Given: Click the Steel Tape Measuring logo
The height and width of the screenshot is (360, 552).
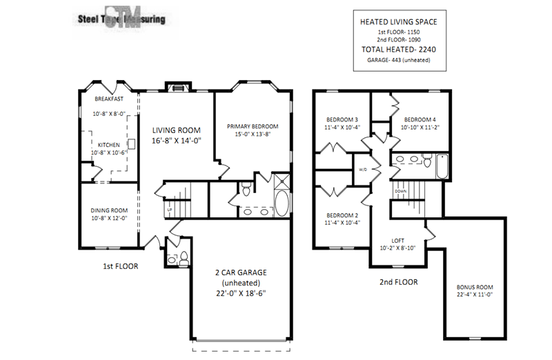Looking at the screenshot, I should [x=118, y=19].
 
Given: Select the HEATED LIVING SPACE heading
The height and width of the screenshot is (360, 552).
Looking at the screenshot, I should [x=398, y=22].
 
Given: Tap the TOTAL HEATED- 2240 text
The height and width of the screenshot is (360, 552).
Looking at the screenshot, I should [x=398, y=50].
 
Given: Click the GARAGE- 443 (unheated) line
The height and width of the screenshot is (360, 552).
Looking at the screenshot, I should [x=398, y=61].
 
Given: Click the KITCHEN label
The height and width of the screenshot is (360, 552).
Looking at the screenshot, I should [x=109, y=144].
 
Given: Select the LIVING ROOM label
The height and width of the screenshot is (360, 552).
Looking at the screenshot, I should [x=176, y=130].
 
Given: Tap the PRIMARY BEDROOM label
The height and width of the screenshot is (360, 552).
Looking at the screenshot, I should [x=253, y=127].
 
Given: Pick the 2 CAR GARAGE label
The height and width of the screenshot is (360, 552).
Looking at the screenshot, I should [x=241, y=272].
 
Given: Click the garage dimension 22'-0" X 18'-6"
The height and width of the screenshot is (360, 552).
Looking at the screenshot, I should [x=241, y=292].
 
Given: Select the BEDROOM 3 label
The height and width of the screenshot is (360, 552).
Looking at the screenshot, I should [x=342, y=118].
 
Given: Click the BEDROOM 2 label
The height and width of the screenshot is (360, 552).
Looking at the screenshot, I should [x=342, y=214].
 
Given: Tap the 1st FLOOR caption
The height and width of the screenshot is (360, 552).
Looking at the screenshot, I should [x=119, y=264].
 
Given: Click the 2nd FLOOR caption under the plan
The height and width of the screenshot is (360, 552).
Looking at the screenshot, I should [x=398, y=281].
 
